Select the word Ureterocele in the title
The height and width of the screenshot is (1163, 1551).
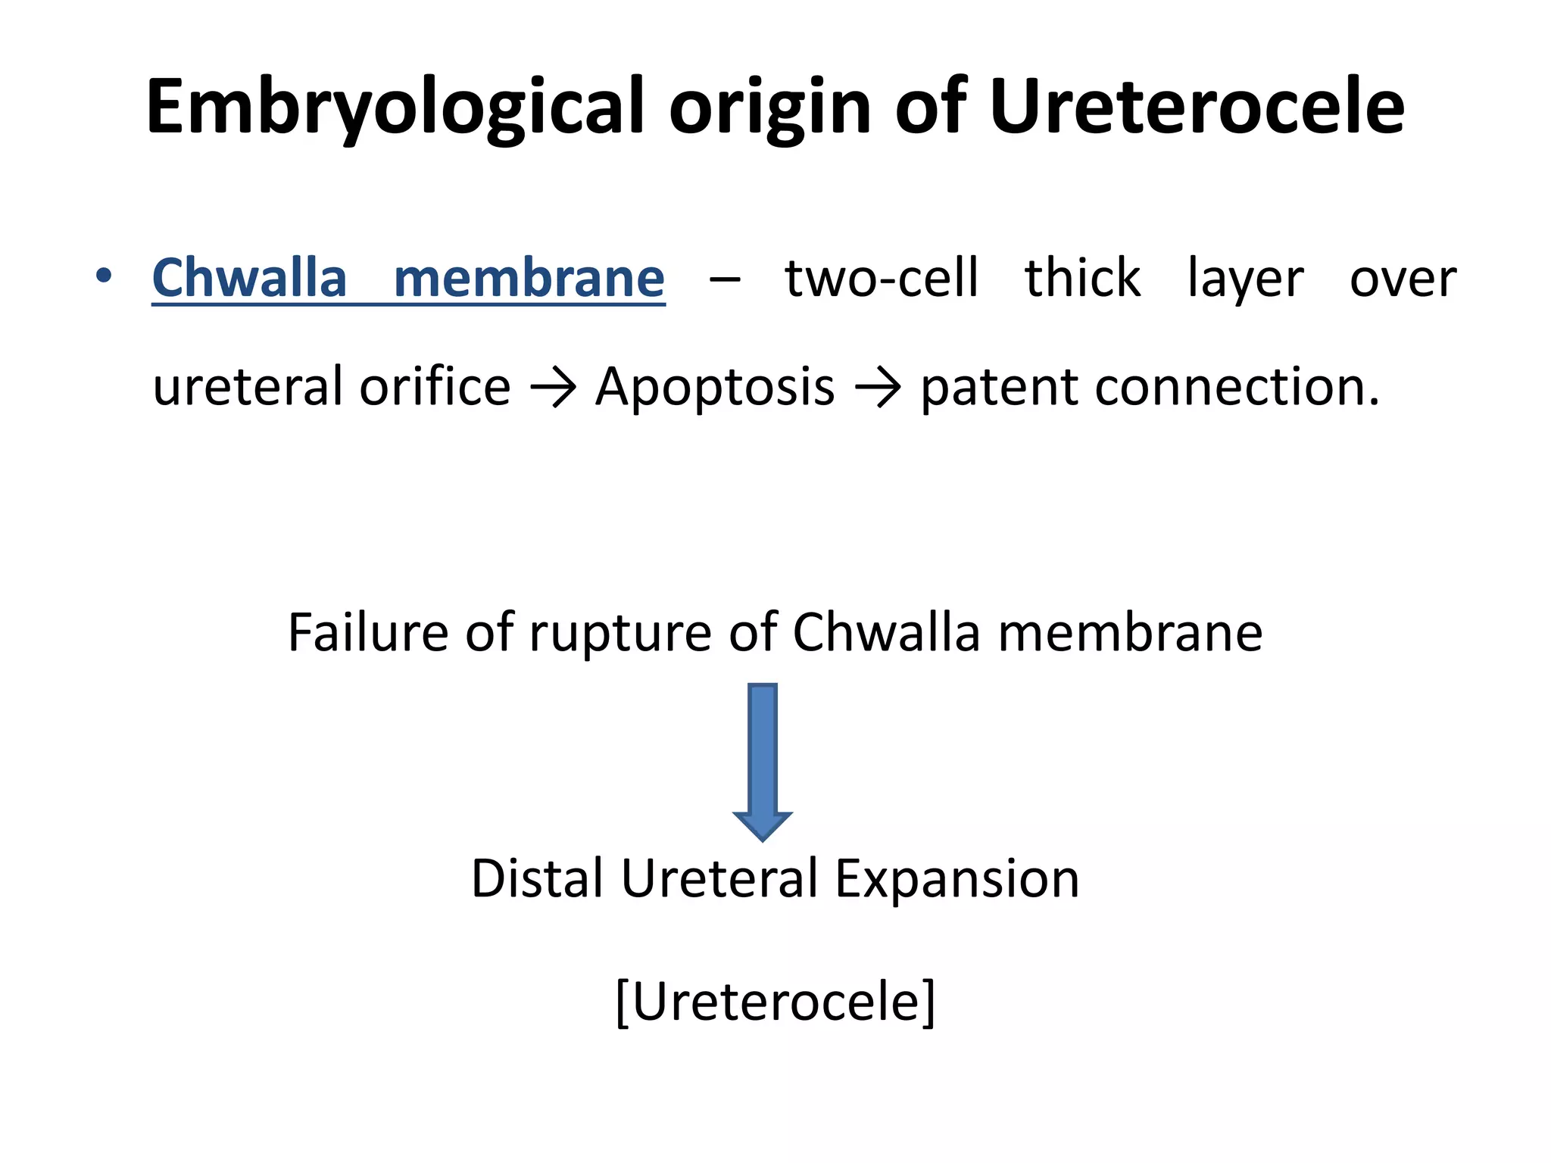point(1197,108)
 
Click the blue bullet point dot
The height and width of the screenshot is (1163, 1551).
point(104,276)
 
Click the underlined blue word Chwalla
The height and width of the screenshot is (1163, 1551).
point(249,278)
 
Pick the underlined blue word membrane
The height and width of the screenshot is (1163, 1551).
point(529,278)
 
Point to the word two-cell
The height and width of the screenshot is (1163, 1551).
point(882,278)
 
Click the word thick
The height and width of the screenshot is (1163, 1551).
point(1082,278)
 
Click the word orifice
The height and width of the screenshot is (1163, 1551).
point(435,387)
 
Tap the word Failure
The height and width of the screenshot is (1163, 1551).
point(369,632)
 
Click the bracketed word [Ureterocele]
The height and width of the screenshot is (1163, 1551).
point(775,1002)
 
